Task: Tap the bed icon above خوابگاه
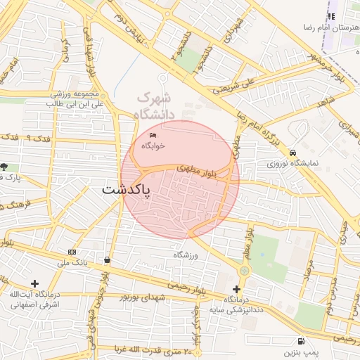coord(153,135)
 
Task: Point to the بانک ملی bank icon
coord(72,252)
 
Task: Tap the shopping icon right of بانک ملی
coord(107,259)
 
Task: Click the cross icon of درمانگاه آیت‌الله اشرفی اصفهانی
coord(34,283)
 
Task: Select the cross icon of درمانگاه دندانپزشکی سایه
coord(236,289)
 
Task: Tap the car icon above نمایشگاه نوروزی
coord(292,153)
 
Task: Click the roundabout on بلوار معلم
coord(244,270)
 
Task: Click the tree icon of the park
coord(5,167)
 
